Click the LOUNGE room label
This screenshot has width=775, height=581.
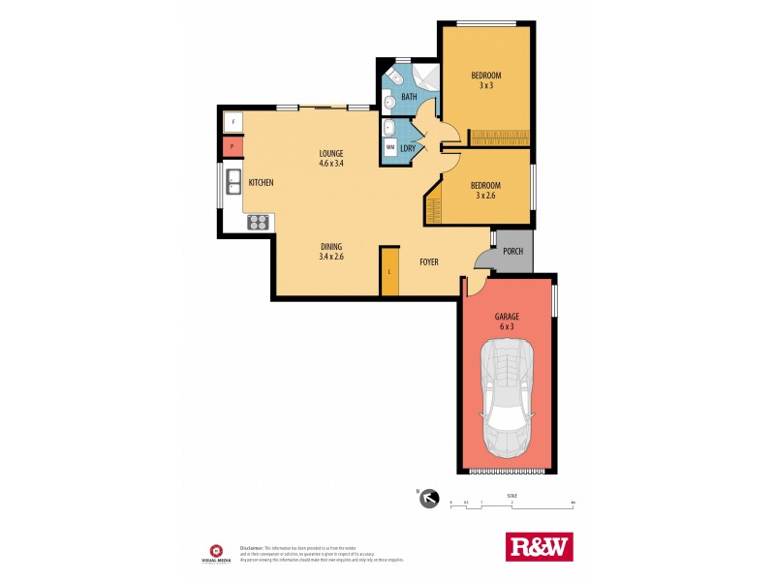[x=331, y=158]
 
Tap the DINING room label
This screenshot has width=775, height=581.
[x=331, y=252]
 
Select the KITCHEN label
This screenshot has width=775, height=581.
[x=261, y=182]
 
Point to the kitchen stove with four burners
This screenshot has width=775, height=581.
[x=259, y=222]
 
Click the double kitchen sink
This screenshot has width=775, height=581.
[x=233, y=180]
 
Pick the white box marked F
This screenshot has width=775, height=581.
[x=232, y=122]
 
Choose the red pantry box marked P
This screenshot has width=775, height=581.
[x=232, y=147]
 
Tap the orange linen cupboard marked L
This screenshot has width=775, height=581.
[x=389, y=270]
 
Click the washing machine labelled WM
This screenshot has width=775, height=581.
[x=389, y=147]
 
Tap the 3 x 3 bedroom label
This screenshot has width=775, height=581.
[x=486, y=80]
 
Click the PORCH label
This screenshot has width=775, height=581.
[x=512, y=251]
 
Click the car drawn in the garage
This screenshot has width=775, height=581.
[x=507, y=402]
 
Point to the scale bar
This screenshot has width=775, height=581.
[x=512, y=505]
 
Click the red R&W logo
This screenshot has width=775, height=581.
[x=540, y=546]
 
